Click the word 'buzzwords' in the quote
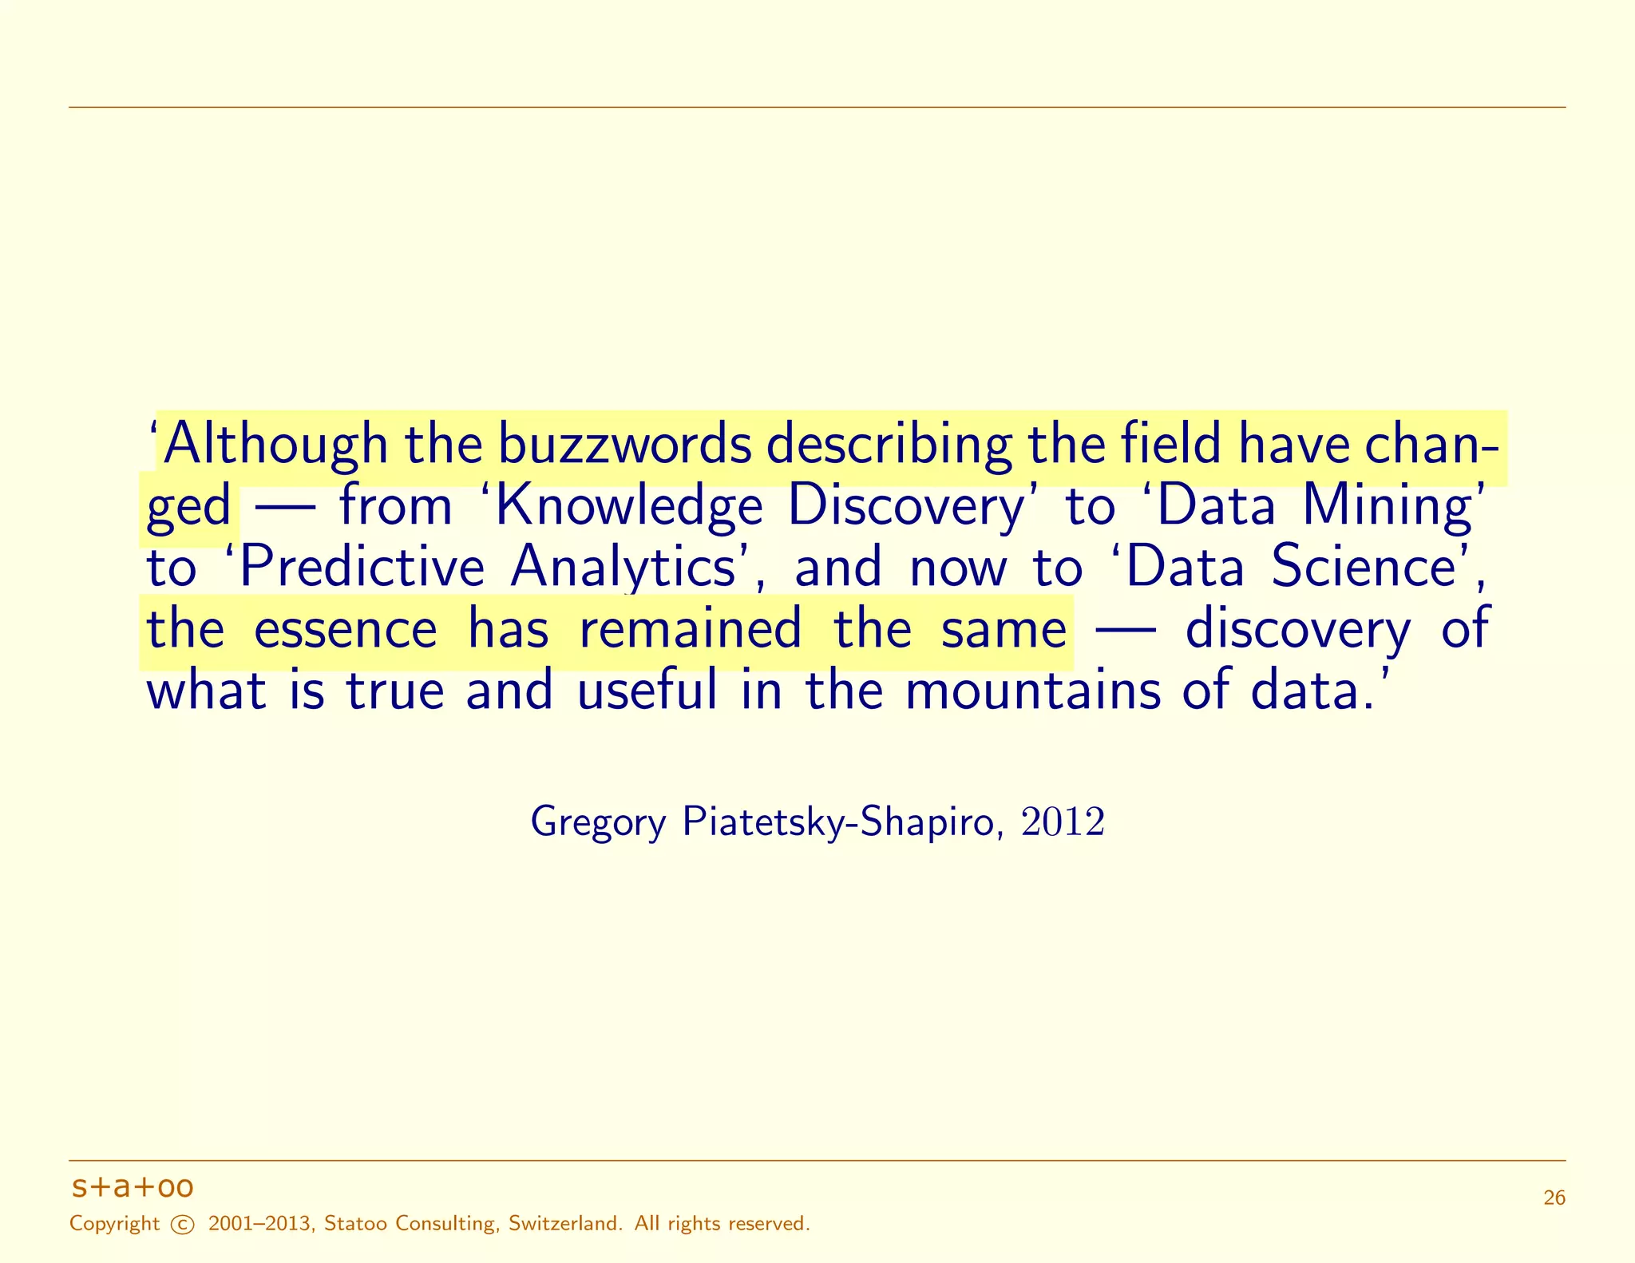click(625, 445)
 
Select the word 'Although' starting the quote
click(275, 445)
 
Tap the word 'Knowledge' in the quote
click(629, 507)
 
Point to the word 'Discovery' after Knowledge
click(905, 507)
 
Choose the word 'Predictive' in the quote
click(362, 568)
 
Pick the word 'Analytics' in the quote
click(623, 568)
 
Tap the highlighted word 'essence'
click(345, 629)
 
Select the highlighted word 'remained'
click(690, 629)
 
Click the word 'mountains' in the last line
click(1032, 691)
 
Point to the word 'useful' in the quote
click(647, 691)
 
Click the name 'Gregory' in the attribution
click(598, 822)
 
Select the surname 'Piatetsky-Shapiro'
click(837, 822)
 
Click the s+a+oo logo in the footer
click(133, 1187)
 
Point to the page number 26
click(1554, 1198)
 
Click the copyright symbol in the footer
click(183, 1225)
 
